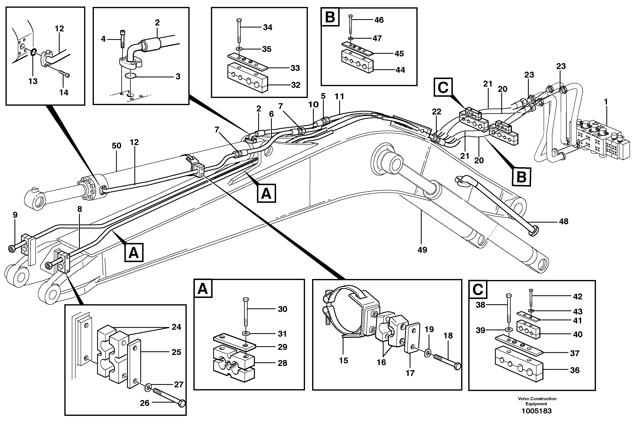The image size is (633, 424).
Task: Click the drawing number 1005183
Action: click(x=536, y=411)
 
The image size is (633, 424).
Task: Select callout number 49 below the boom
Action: click(x=422, y=250)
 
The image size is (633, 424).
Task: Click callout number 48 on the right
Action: click(x=564, y=221)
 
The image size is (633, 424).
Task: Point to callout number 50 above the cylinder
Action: click(x=116, y=146)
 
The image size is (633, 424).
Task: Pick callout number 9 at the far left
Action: click(x=15, y=215)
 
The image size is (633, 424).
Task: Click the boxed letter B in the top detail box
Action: click(x=330, y=17)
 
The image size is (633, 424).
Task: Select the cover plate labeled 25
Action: click(x=134, y=364)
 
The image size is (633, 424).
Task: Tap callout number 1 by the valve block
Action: click(x=606, y=102)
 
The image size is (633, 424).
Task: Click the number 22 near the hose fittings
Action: click(x=436, y=112)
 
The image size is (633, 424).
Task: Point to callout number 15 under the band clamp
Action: click(x=343, y=360)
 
